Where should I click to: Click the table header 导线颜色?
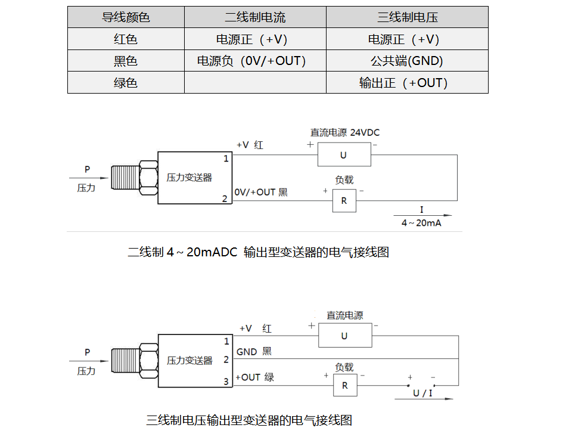coord(126,17)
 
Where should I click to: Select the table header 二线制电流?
coord(255,17)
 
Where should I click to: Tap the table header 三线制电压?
coord(407,17)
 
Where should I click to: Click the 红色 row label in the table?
coord(126,39)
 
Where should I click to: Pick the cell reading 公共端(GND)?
coord(407,61)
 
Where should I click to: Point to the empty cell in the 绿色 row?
coord(255,83)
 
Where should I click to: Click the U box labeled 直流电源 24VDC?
coord(343,155)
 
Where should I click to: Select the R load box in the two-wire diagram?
coord(344,201)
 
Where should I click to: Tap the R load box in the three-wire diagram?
coord(344,386)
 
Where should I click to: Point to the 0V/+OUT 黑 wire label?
coord(261,193)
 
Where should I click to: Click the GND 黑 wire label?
coord(254,352)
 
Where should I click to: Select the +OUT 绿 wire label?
coord(255,377)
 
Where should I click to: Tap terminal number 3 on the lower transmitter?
coord(226,382)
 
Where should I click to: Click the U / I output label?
coord(424,393)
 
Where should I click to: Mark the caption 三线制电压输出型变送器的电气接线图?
coord(249,420)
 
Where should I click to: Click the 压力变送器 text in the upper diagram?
coord(189,178)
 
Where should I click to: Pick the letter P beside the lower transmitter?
coord(87,352)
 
